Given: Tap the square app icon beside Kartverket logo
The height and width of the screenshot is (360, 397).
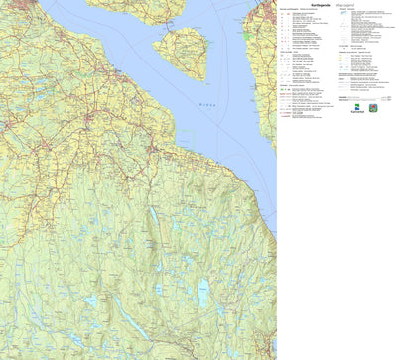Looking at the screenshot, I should click(372, 109).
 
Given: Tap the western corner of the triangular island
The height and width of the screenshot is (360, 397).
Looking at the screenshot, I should click(155, 45).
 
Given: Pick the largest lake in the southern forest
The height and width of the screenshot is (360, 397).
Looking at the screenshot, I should click(203, 294).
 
